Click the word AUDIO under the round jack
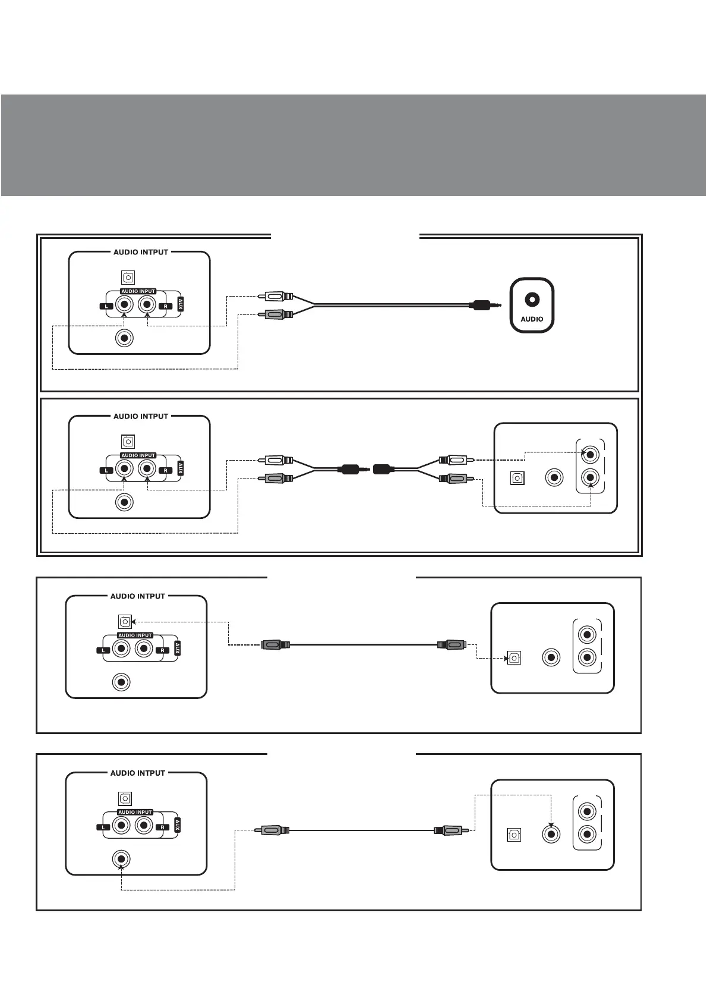pyautogui.click(x=532, y=319)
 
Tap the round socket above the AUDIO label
pyautogui.click(x=532, y=300)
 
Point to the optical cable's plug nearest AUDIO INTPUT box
pyautogui.click(x=275, y=644)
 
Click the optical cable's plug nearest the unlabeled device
pyautogui.click(x=451, y=644)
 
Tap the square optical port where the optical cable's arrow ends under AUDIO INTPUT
pyautogui.click(x=124, y=622)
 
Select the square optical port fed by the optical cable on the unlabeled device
pyautogui.click(x=514, y=658)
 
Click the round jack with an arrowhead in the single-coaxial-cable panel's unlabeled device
pyautogui.click(x=551, y=834)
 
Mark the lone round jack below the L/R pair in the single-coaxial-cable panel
pyautogui.click(x=121, y=859)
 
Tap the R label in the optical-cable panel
pyautogui.click(x=162, y=650)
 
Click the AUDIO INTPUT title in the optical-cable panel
pyautogui.click(x=137, y=596)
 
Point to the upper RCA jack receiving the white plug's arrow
pyautogui.click(x=589, y=455)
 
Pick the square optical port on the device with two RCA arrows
pyautogui.click(x=517, y=478)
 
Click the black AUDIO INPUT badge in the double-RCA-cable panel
pyautogui.click(x=138, y=455)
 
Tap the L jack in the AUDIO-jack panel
pyautogui.click(x=124, y=306)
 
